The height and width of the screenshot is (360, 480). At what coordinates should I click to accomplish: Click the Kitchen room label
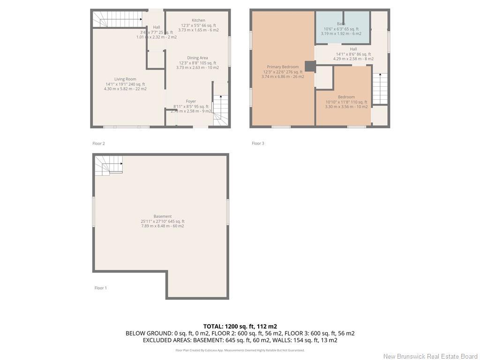point(198,21)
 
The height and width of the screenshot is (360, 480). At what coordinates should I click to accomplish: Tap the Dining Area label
point(197,58)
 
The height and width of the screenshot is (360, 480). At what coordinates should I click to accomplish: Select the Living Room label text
point(125,79)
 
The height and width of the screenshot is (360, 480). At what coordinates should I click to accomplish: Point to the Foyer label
point(191,101)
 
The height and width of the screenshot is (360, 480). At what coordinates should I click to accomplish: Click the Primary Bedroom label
point(283,67)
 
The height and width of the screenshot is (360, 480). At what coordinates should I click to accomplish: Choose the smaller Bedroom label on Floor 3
point(346,97)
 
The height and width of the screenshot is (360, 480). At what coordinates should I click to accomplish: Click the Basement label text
point(163,217)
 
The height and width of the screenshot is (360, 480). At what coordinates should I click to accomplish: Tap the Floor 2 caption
point(98,143)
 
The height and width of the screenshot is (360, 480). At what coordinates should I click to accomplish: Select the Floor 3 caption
point(258,143)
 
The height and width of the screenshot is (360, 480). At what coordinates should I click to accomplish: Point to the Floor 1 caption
point(101,288)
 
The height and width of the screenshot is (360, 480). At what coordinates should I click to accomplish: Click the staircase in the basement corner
point(109,165)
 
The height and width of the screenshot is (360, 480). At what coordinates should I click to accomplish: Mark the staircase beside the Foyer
point(220,110)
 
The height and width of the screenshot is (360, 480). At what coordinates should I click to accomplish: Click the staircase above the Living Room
point(117,19)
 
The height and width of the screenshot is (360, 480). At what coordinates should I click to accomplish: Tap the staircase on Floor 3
point(380,89)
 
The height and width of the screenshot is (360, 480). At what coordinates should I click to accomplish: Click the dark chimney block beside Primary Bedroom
point(310,66)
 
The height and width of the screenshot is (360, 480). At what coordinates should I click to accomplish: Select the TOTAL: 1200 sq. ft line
point(240,326)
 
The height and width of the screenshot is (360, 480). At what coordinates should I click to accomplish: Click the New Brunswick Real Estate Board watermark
point(430,356)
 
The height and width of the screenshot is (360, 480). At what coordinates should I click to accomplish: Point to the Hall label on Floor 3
point(353,49)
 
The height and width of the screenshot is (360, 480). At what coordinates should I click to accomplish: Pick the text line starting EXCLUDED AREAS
point(240,340)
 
